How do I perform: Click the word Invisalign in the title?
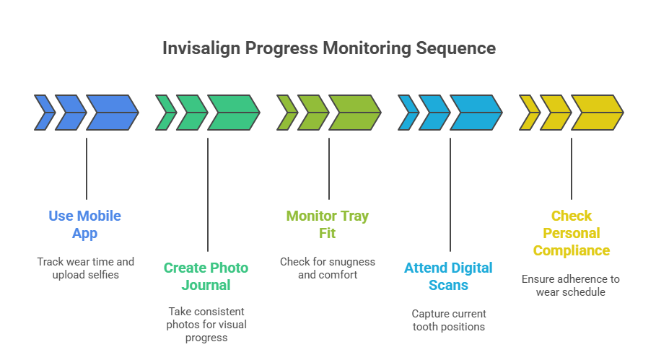(201, 49)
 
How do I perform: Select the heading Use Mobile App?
(85, 224)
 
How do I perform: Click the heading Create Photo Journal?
(206, 276)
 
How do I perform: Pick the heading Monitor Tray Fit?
(328, 224)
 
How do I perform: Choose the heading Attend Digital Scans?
(448, 276)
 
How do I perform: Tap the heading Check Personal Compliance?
(571, 233)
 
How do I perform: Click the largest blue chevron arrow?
(112, 113)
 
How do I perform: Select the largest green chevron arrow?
(233, 113)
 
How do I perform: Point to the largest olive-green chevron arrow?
(354, 113)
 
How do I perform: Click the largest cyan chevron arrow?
(476, 113)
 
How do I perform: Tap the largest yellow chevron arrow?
(597, 113)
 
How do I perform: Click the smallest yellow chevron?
(529, 113)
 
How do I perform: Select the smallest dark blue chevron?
(44, 113)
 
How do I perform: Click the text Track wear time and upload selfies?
(85, 268)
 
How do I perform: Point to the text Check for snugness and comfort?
(328, 268)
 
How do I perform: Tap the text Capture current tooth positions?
(448, 320)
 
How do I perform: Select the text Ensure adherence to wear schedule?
(571, 285)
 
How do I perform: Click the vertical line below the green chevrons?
(208, 195)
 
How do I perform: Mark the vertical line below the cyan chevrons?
(450, 195)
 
